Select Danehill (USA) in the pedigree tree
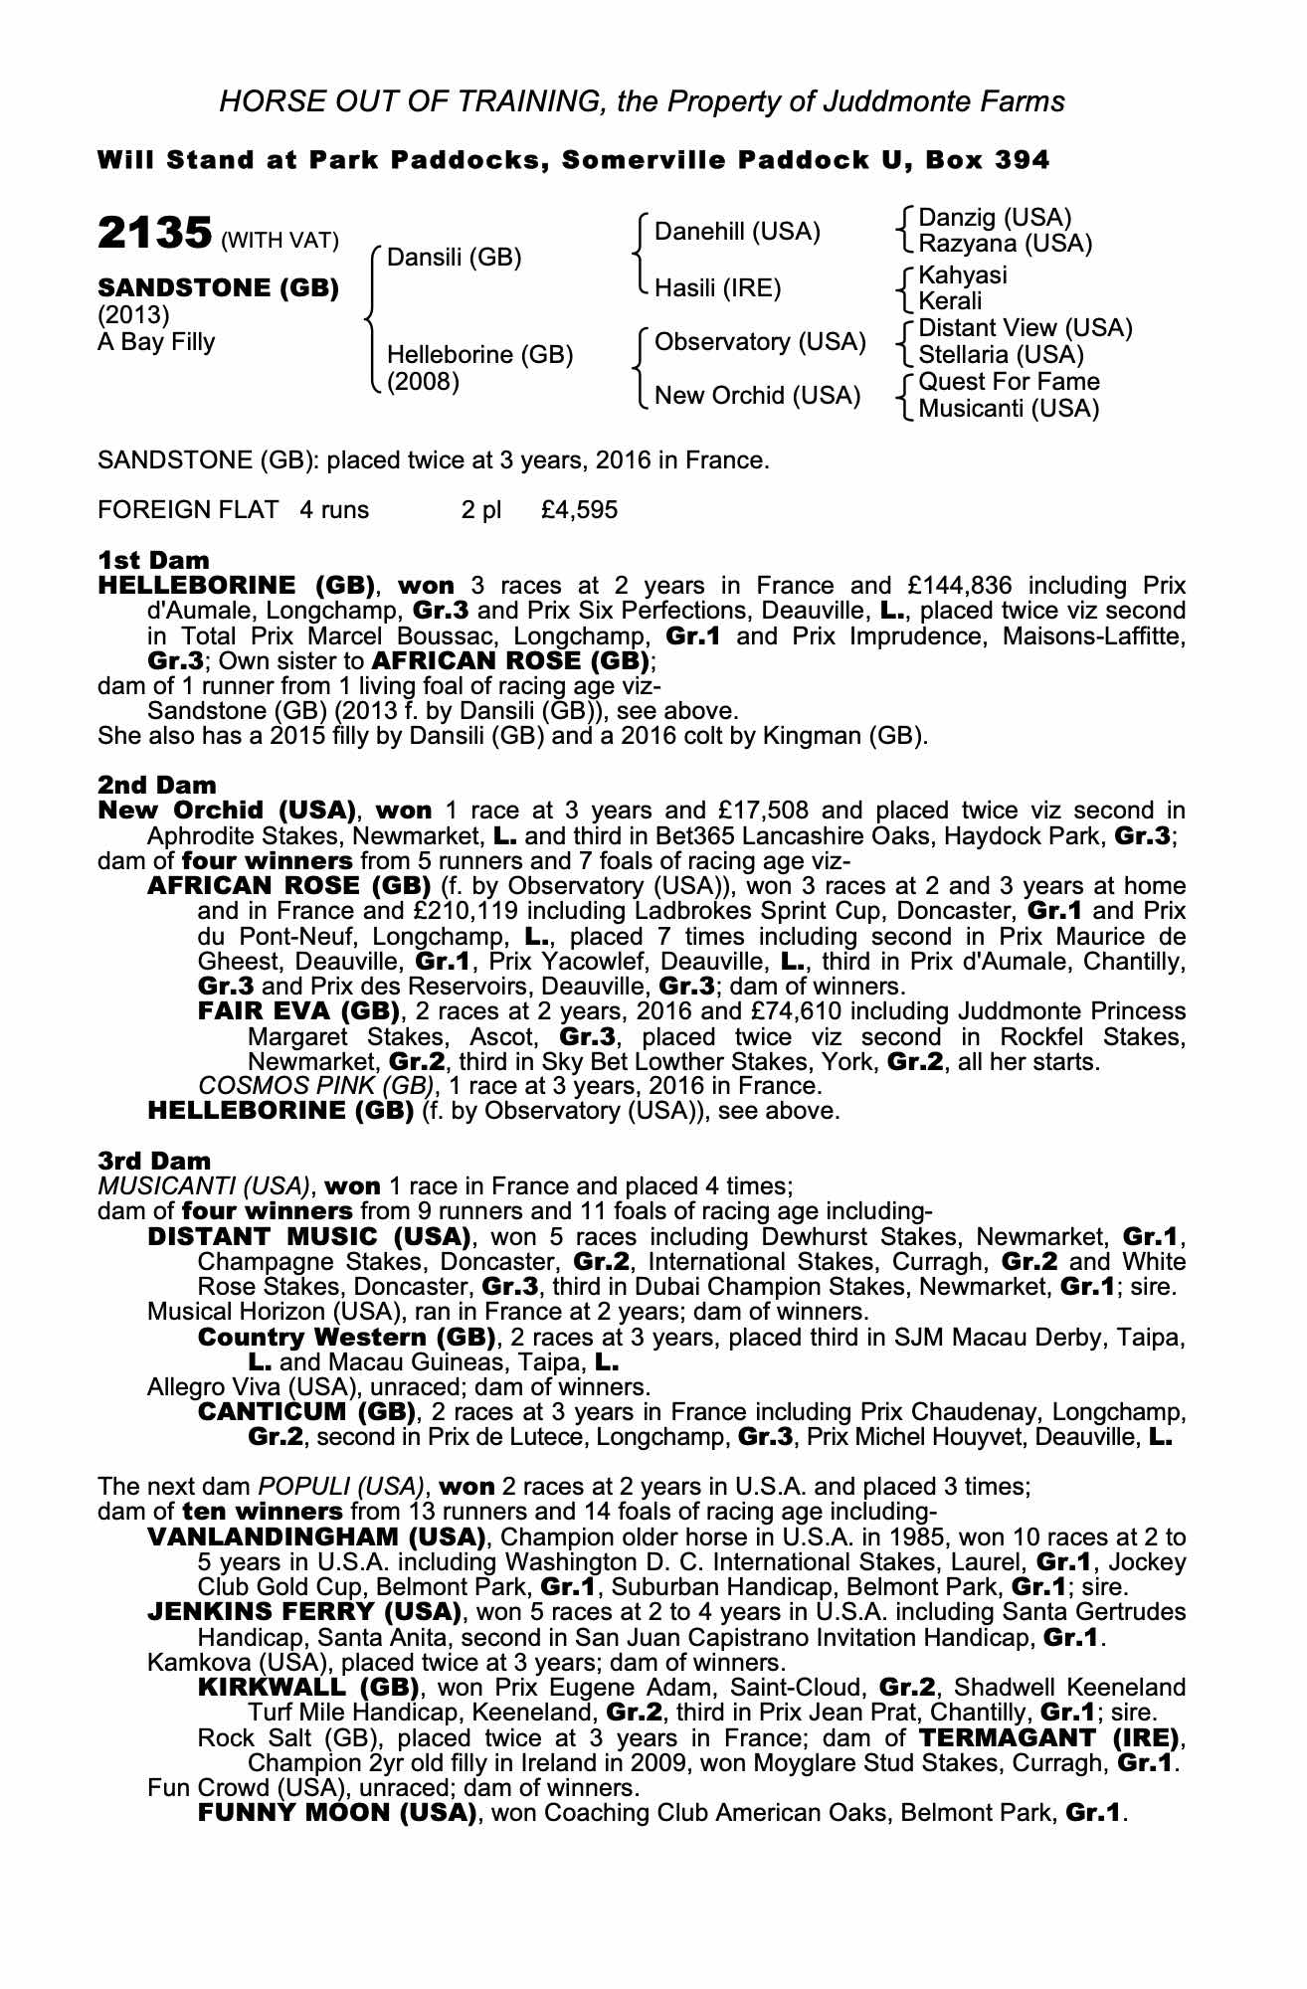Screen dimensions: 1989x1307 737,232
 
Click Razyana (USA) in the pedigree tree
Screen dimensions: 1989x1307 1006,243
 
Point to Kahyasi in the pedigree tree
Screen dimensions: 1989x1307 963,274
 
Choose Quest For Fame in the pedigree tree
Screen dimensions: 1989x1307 1010,382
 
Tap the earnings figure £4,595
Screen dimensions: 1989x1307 579,510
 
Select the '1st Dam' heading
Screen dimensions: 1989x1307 154,560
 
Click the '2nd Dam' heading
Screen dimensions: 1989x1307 156,785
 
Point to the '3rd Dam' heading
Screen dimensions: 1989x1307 154,1160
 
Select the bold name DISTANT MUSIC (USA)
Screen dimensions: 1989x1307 308,1237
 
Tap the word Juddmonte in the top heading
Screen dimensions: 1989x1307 899,100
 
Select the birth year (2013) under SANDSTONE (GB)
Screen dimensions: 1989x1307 133,315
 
